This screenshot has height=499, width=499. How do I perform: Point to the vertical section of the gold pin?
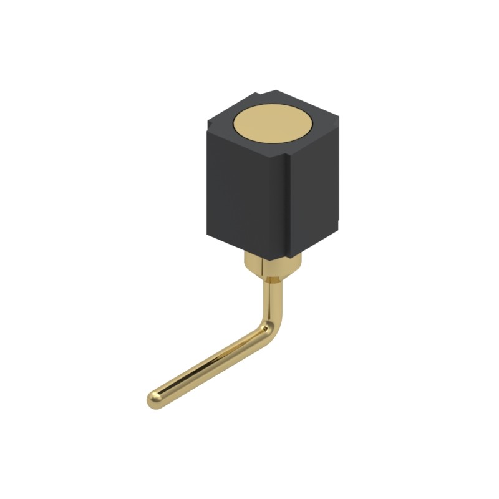[x=273, y=299]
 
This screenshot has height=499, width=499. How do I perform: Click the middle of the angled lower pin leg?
[x=212, y=365]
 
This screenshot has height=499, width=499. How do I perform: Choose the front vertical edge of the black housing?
[x=288, y=206]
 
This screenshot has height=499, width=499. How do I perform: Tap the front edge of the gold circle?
[x=274, y=142]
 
